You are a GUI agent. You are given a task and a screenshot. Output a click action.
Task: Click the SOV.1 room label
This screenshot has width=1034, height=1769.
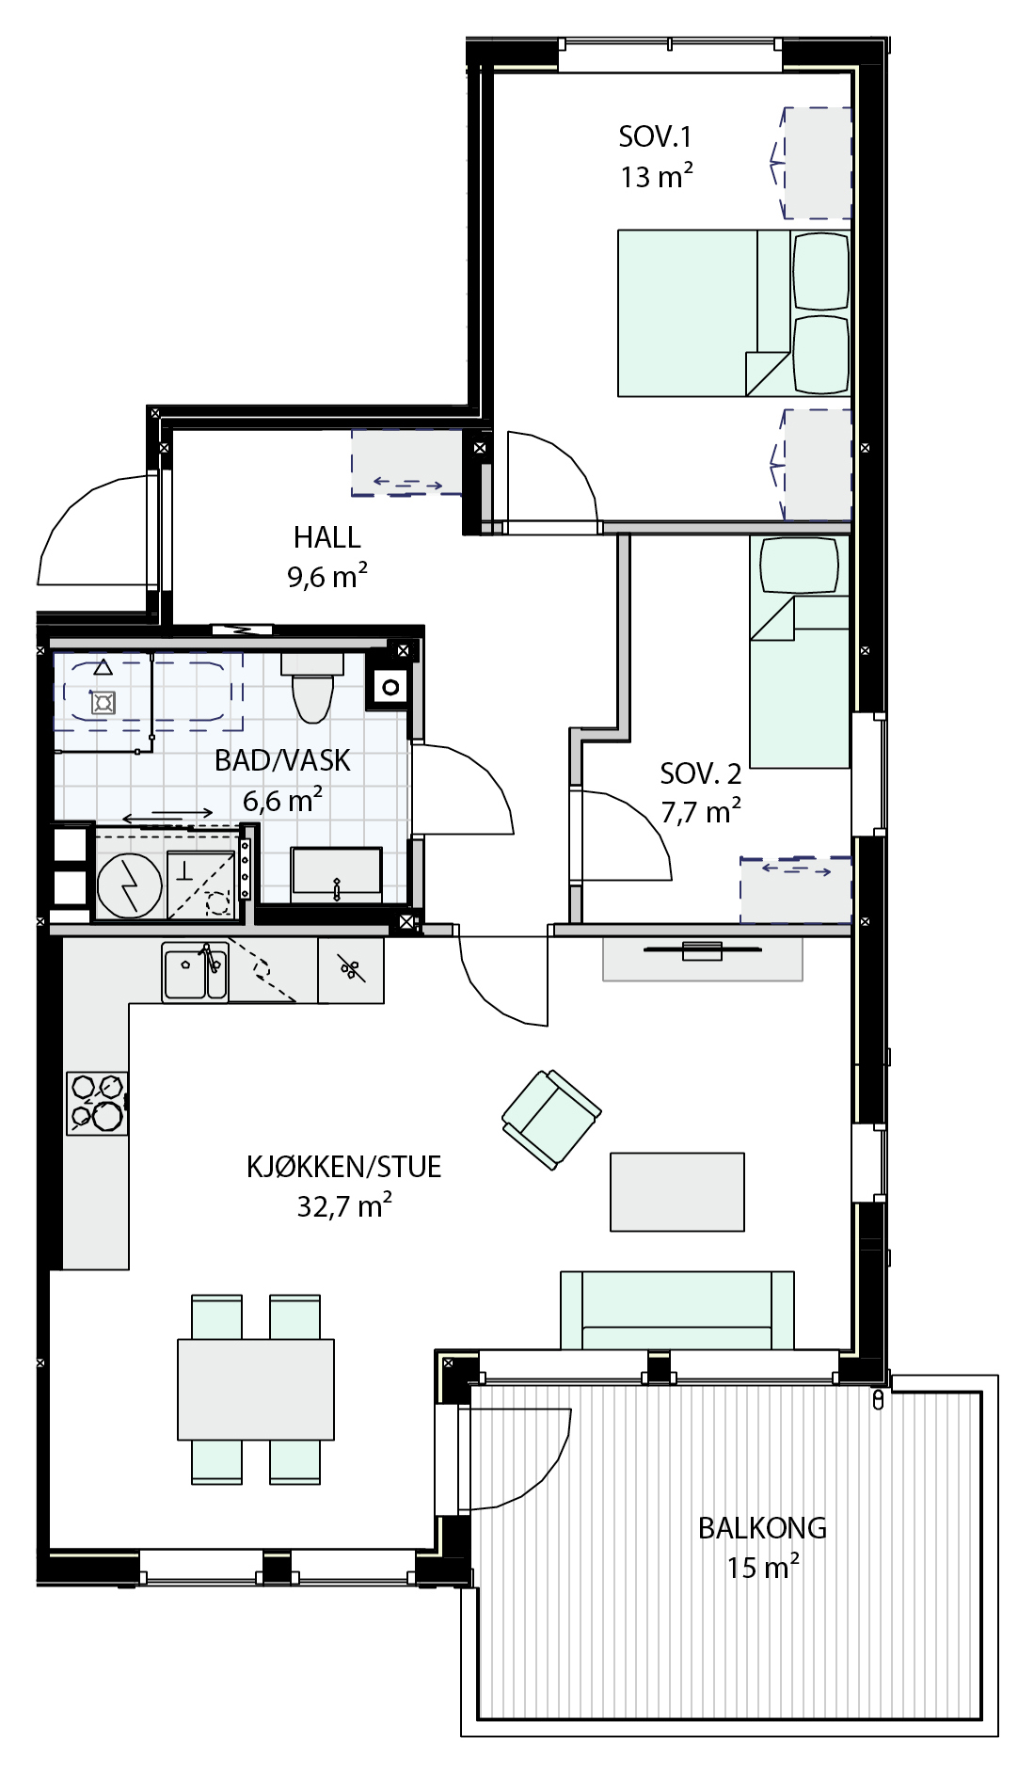pos(655,137)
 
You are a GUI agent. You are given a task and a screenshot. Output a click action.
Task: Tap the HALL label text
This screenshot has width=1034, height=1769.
pos(326,537)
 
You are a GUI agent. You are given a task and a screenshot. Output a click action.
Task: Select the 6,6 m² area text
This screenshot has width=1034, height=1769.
pos(282,800)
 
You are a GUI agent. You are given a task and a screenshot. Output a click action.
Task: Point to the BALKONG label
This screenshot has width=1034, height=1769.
pos(762,1527)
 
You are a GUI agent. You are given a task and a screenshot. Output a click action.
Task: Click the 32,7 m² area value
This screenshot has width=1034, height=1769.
pos(344,1205)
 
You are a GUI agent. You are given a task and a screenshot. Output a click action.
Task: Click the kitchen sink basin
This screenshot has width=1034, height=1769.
pos(195,972)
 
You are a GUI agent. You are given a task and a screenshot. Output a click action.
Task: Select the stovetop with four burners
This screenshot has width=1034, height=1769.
pos(97,1103)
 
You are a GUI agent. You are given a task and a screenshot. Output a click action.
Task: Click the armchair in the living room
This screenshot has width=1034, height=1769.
pos(551,1119)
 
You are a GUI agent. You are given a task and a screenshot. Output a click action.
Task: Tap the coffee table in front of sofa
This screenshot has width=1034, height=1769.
pos(677,1192)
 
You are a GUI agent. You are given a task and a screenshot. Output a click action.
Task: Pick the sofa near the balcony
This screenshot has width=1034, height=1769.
pos(677,1310)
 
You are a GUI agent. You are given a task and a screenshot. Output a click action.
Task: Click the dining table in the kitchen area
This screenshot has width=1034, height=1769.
pos(256,1389)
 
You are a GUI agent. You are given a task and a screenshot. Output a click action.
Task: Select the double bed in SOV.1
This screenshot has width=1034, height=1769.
pos(734,313)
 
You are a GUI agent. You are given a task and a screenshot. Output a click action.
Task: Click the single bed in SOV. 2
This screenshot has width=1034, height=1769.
pos(800,651)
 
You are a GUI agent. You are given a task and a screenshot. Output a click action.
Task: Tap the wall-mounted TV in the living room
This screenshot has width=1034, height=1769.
pos(702,950)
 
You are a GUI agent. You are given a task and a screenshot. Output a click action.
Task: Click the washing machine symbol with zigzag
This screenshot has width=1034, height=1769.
pos(130,885)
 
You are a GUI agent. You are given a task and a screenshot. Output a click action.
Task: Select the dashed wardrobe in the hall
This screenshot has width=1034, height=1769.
pos(407,463)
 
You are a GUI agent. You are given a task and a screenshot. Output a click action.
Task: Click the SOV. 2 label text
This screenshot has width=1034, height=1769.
pos(701,773)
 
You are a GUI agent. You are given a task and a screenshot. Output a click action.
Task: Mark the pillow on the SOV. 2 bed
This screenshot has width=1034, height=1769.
pos(799,566)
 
